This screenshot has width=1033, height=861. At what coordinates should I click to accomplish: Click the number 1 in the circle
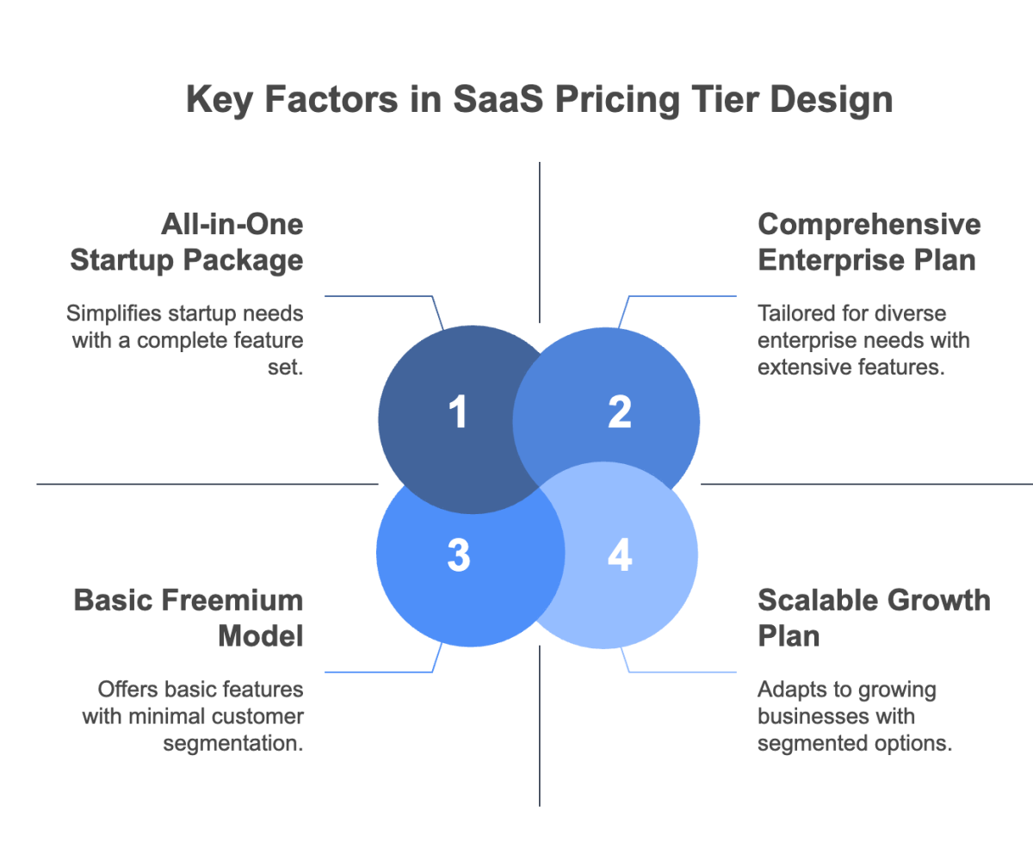point(458,412)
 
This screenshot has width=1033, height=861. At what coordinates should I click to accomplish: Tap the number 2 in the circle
point(619,412)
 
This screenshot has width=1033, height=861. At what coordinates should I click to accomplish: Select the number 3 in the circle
point(459,556)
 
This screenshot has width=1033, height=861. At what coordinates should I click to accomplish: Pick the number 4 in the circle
point(619,556)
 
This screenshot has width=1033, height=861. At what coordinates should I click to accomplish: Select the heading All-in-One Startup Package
point(187,242)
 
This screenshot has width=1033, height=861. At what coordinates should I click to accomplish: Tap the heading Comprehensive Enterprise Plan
point(869,242)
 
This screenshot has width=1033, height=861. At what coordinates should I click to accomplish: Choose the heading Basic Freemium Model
point(189,617)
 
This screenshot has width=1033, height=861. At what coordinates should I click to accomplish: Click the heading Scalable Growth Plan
point(874,617)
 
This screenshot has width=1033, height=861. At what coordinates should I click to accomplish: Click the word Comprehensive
point(869,226)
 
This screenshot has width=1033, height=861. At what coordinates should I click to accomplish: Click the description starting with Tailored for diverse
point(863,339)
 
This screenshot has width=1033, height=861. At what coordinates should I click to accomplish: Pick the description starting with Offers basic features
point(194,716)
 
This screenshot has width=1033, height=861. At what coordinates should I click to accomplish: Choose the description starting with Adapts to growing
point(855,716)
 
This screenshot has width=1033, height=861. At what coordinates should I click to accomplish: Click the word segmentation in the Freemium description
point(232,743)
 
